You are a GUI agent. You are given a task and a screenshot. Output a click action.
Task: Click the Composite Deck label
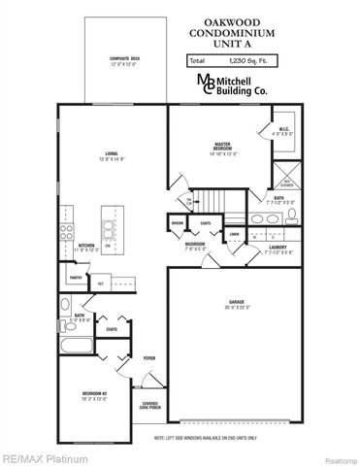pos(122,62)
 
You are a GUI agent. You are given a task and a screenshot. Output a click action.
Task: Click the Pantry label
pos(76,278)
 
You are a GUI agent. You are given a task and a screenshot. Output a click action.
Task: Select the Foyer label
pos(149,358)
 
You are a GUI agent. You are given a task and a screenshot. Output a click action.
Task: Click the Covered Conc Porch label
pos(149,406)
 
